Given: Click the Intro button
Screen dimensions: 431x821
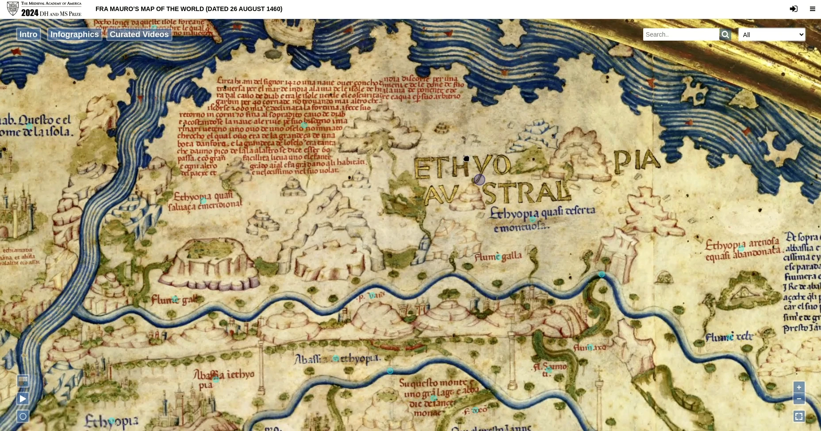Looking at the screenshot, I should tap(28, 34).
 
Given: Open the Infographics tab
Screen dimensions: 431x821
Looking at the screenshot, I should tap(74, 34).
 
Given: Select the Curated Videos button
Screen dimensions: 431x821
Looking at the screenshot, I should tap(139, 34).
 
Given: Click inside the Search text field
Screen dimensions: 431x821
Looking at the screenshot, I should tap(681, 34).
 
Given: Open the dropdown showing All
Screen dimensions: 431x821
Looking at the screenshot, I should tap(771, 34).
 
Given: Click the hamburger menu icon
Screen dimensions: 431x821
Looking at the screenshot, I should tap(812, 9).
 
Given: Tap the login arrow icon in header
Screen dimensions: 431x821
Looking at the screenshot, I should tap(794, 9).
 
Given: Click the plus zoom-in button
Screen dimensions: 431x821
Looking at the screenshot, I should tap(798, 387).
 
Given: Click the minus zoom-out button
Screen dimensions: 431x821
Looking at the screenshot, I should tap(798, 398).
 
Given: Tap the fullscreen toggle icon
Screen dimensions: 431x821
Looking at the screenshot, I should tap(798, 416).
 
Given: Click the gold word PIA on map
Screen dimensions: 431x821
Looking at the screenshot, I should tap(637, 161).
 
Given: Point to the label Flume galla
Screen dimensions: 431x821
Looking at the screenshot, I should tap(498, 256).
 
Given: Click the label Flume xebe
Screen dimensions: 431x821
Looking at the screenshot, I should tap(729, 337).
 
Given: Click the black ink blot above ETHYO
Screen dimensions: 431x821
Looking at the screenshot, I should tap(466, 159).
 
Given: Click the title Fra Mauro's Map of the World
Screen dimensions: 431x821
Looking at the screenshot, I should tap(189, 9).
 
